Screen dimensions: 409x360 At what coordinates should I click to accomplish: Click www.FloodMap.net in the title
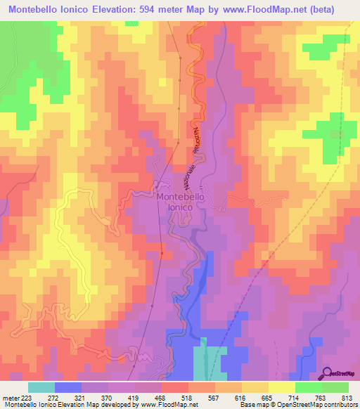[268, 9]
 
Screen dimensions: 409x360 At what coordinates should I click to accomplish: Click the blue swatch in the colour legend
[67, 387]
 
